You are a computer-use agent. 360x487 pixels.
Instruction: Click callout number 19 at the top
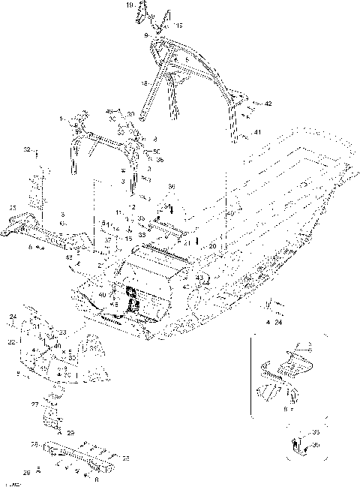[x=129, y=5]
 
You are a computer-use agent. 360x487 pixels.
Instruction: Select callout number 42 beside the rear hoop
[x=268, y=103]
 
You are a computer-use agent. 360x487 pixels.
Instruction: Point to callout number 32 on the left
[x=28, y=150]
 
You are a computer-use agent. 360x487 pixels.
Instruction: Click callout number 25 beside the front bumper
[x=12, y=208]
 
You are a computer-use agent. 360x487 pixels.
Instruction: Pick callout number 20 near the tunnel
[x=213, y=246]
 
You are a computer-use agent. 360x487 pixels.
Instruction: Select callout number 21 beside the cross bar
[x=187, y=242]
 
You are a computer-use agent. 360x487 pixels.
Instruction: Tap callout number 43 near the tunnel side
[x=199, y=278]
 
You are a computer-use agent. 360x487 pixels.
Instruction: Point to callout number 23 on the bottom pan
[x=62, y=332]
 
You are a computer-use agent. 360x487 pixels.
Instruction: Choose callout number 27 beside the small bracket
[x=34, y=404]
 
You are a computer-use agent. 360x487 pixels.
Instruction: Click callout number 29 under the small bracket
[x=70, y=433]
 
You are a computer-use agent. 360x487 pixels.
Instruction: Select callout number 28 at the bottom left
[x=26, y=472]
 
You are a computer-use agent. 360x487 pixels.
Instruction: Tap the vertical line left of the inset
[x=251, y=375]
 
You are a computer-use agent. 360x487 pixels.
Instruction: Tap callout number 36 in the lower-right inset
[x=316, y=445]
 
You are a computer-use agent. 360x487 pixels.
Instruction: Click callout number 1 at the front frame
[x=62, y=119]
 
